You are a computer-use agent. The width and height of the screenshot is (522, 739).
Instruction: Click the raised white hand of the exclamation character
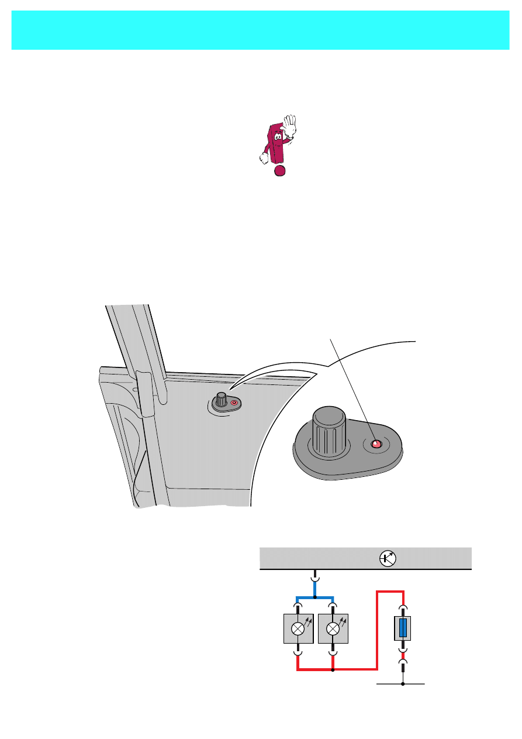click(290, 124)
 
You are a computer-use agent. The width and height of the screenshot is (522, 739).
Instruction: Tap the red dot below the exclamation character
click(280, 170)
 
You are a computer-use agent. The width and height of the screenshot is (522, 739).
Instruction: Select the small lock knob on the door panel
click(221, 399)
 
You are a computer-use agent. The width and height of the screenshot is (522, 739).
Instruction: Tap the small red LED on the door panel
click(234, 403)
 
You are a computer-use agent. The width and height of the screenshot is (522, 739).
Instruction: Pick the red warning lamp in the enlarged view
click(376, 445)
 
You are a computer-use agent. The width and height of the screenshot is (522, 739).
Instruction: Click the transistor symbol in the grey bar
click(388, 559)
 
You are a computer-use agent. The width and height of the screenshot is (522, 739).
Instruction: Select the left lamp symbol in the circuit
click(298, 629)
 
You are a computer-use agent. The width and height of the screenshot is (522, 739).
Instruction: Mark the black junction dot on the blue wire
click(315, 598)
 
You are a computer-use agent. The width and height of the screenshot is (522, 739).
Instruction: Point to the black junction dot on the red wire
click(333, 670)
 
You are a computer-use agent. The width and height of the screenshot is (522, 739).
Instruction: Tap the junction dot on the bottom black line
click(403, 683)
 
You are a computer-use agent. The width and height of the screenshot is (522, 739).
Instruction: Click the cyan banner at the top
click(261, 30)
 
